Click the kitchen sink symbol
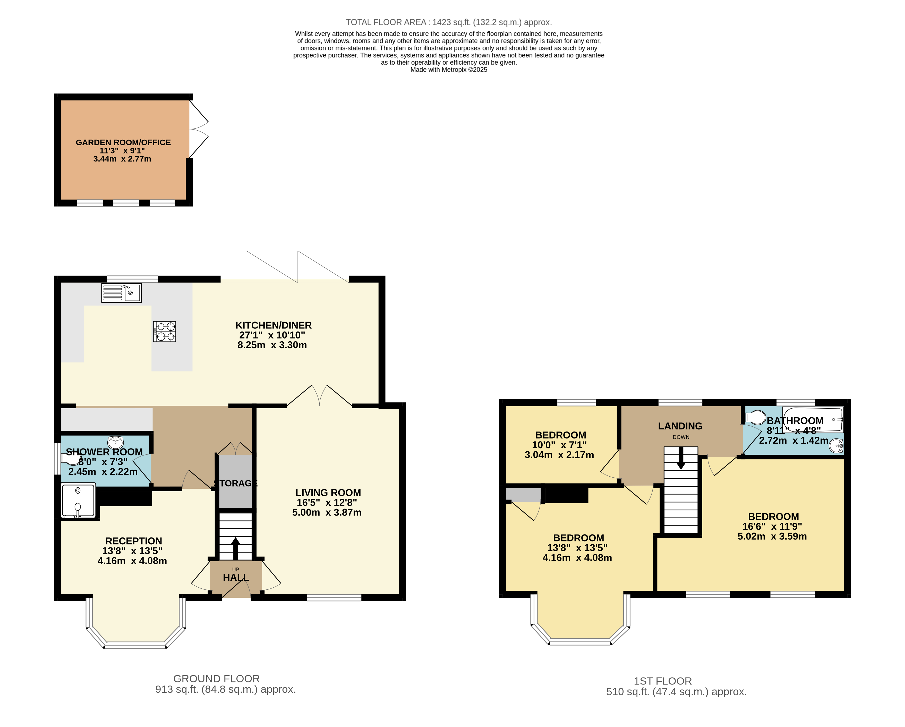121,293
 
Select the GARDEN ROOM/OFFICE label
123,142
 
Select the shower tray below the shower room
78,500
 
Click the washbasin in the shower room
115,442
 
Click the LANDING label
680,426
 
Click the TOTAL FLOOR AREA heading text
448,22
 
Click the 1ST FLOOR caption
662,681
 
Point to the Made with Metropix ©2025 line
448,70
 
